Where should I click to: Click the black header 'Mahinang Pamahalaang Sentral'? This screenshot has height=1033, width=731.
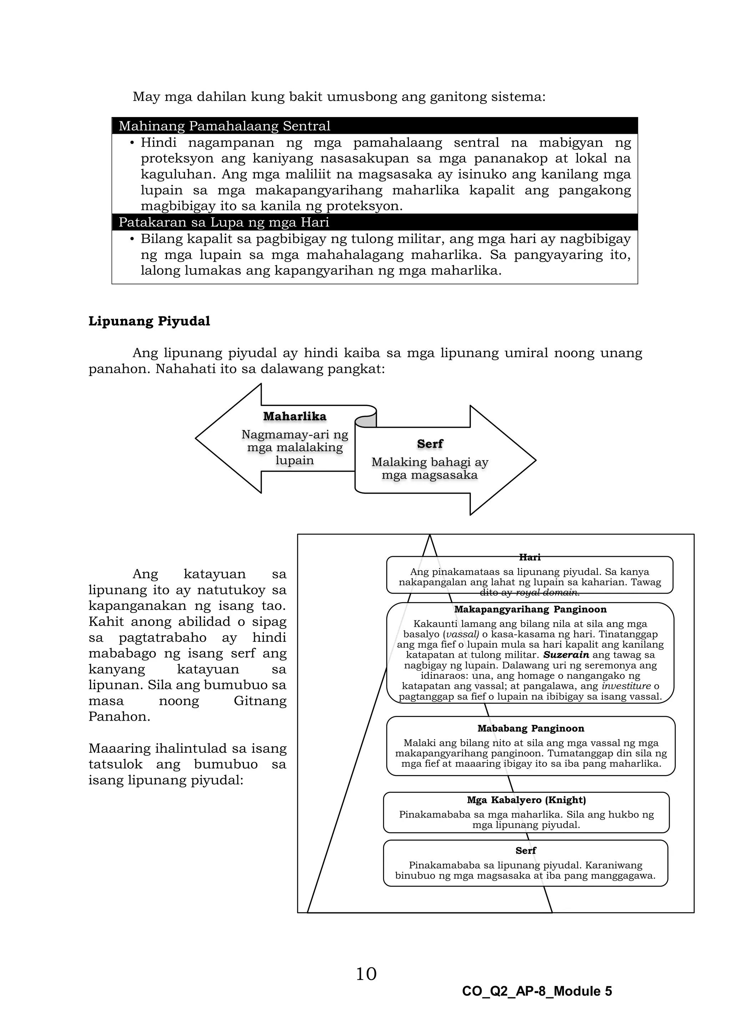tap(224, 126)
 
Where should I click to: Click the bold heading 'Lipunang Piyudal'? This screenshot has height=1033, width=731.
tap(149, 321)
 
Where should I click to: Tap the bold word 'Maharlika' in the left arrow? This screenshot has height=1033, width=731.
tap(294, 416)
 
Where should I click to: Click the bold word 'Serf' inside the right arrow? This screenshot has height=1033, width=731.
tap(430, 444)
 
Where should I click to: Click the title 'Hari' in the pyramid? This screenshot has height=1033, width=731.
tap(529, 557)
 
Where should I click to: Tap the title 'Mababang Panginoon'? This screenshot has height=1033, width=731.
tap(530, 728)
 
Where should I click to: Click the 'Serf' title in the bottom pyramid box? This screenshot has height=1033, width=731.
tap(525, 850)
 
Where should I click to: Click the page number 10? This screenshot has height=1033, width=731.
tap(366, 974)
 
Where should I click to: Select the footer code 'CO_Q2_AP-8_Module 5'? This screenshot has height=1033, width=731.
tap(536, 992)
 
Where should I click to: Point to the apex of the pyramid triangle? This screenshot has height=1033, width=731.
tap(429, 535)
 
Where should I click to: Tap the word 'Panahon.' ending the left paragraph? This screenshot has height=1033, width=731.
tap(119, 716)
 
